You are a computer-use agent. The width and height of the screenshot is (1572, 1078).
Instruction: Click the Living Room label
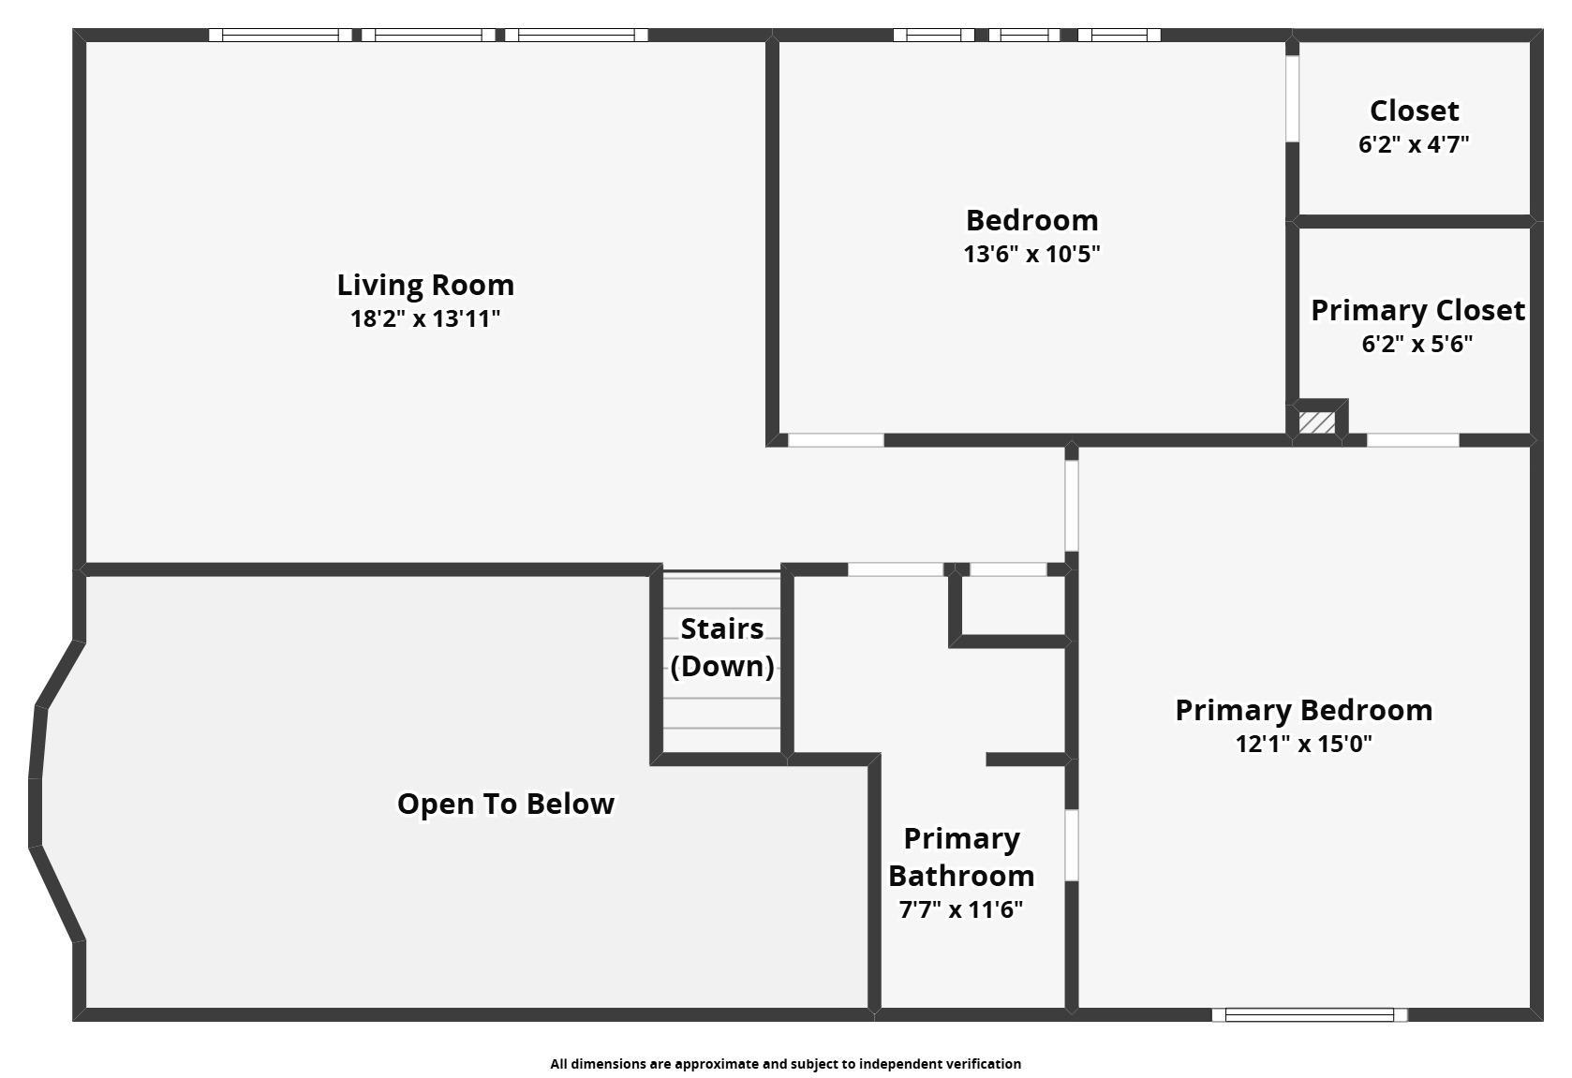tap(425, 285)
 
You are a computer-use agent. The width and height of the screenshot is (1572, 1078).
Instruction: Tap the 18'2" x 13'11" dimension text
tap(425, 318)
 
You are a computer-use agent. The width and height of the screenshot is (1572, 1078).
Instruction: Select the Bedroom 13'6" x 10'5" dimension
tap(1031, 254)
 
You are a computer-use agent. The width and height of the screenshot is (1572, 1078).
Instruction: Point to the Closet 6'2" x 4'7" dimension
tap(1414, 144)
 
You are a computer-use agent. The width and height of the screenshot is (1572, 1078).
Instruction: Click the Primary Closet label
tap(1417, 310)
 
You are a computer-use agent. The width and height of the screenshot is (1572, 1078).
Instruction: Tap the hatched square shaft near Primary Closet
tap(1316, 421)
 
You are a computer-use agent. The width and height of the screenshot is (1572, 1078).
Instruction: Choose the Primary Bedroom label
tap(1304, 710)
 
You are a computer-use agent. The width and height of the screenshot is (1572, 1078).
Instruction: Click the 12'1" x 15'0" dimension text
tap(1304, 744)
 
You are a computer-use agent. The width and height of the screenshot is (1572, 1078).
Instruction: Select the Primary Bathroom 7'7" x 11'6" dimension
tap(961, 909)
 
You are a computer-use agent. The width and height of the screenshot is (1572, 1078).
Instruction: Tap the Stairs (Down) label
tap(722, 647)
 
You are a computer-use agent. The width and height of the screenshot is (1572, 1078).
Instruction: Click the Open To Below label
tap(505, 805)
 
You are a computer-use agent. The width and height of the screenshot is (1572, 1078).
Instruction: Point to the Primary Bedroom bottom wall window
tap(1310, 1015)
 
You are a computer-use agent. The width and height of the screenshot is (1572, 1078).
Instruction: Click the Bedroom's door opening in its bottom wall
tap(836, 440)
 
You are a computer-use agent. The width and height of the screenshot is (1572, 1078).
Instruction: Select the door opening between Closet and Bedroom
tap(1292, 98)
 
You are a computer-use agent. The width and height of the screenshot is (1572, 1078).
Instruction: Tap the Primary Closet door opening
tap(1413, 440)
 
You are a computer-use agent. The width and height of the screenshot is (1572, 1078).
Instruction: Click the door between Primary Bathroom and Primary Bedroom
tap(1072, 845)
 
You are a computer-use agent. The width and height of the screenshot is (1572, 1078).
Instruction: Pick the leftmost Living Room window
tap(281, 35)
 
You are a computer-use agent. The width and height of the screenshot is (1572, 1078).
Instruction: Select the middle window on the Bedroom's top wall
tap(1024, 35)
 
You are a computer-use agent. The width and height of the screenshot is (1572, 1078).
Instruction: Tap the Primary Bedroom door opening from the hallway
tap(1072, 506)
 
